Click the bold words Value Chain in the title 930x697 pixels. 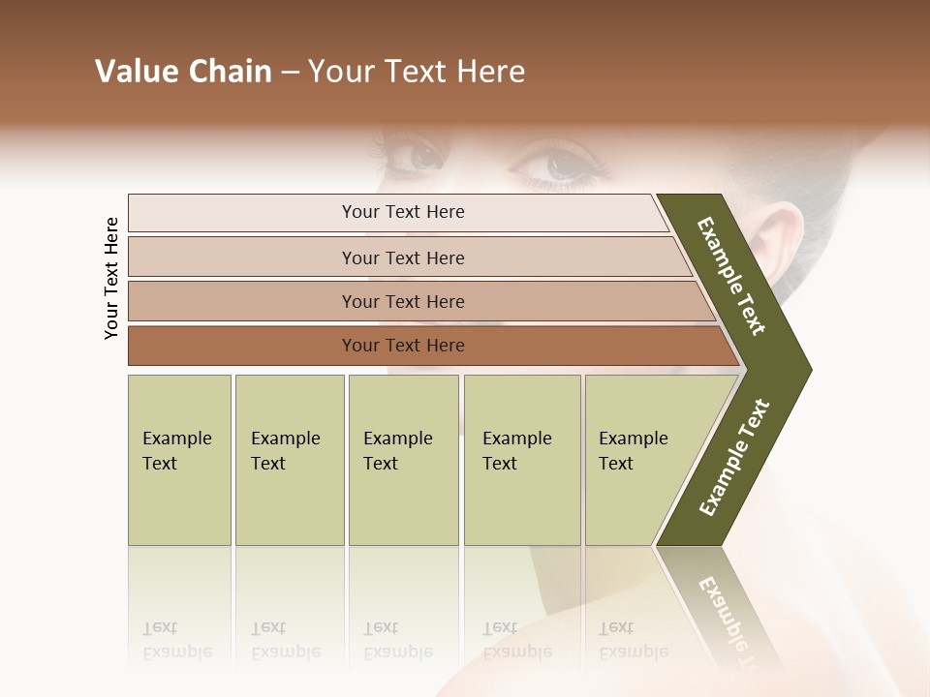click(183, 72)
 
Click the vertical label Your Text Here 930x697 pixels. click(111, 278)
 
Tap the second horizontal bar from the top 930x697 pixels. click(402, 258)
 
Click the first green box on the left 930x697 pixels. click(179, 460)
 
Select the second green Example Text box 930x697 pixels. click(290, 460)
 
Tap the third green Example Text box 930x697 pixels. click(403, 460)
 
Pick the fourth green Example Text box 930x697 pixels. click(522, 460)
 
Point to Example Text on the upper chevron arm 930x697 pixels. click(731, 276)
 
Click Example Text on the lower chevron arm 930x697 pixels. click(734, 458)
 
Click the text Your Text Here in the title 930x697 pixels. click(417, 72)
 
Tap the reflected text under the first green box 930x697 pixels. click(176, 640)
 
